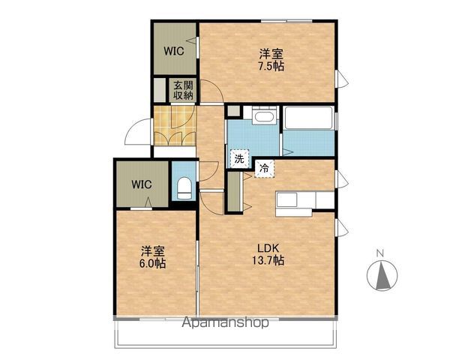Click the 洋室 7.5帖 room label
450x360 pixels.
[x=271, y=60]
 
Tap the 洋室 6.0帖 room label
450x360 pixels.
[x=153, y=257]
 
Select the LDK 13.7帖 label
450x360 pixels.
[x=268, y=254]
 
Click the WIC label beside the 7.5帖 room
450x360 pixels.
[x=174, y=51]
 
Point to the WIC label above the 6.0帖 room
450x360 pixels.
[x=142, y=184]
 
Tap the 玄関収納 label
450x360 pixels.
[x=183, y=90]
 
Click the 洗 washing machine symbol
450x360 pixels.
[x=240, y=158]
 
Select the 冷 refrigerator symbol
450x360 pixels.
[x=265, y=169]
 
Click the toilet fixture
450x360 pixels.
[x=184, y=188]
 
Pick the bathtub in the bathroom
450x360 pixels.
[x=309, y=118]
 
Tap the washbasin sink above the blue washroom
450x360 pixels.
[x=264, y=115]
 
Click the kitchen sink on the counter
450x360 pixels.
[x=286, y=199]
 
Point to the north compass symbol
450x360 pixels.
[x=382, y=276]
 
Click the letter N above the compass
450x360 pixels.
[x=380, y=253]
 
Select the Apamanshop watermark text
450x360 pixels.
[x=226, y=322]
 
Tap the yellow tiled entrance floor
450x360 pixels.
[x=175, y=125]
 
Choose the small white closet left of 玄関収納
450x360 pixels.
[x=160, y=90]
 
